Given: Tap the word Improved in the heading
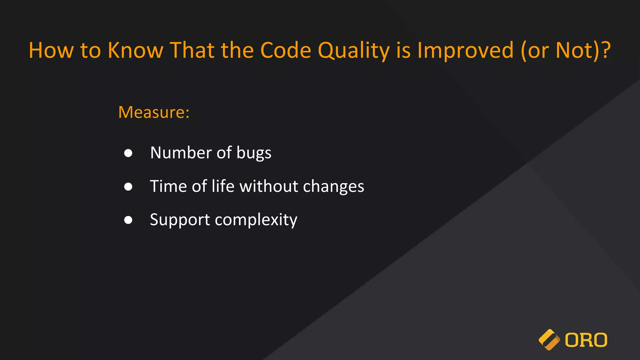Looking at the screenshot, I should (x=465, y=51).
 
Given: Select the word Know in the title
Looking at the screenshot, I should (x=135, y=51).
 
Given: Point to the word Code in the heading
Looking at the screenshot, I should (x=286, y=51).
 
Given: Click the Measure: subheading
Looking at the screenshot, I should (x=154, y=112).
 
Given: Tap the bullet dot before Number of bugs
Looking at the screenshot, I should (x=128, y=153).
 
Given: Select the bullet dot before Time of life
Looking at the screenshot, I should (x=128, y=187).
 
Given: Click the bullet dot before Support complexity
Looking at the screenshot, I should (x=128, y=220).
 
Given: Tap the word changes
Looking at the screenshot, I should (x=333, y=187).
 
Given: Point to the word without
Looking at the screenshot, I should (x=269, y=187).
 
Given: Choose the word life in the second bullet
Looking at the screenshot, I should (x=223, y=186).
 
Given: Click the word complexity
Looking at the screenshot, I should (x=256, y=220).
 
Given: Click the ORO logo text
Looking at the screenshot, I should (x=586, y=340).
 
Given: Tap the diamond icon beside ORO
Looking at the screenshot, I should (x=549, y=340).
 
